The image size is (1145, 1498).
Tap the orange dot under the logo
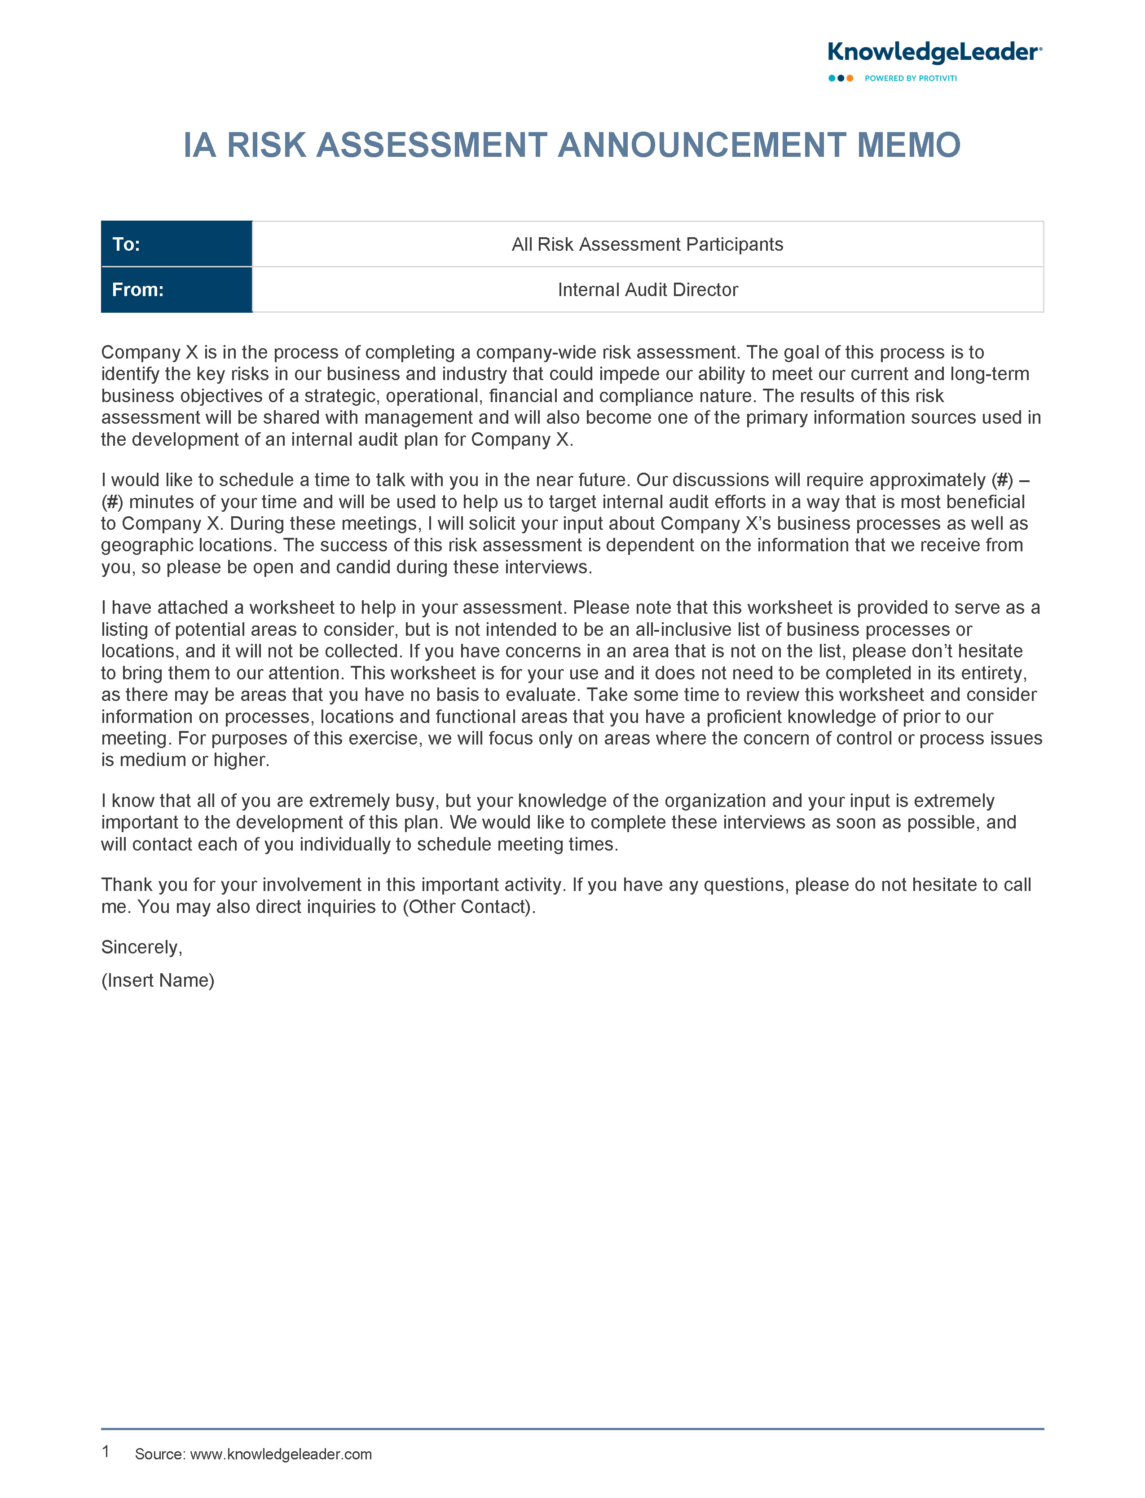[x=850, y=79]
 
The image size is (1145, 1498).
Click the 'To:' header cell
[x=176, y=244]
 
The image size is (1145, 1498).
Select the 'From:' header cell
[x=176, y=290]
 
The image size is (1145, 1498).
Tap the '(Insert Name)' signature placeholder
[x=158, y=980]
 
